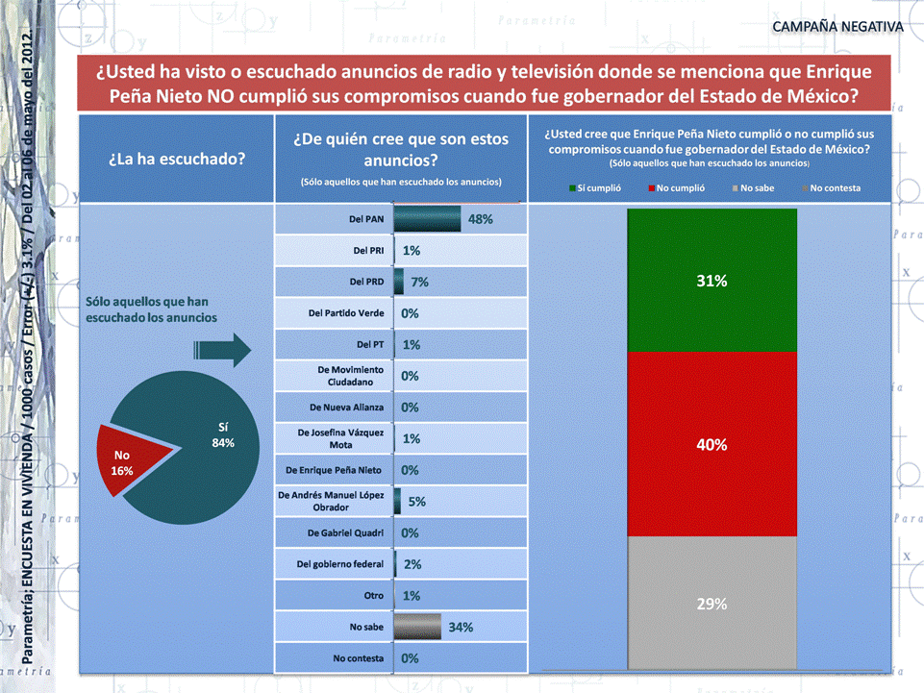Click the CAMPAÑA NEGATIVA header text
pyautogui.click(x=837, y=26)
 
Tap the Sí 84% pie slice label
pyautogui.click(x=222, y=433)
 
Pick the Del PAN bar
pyautogui.click(x=427, y=219)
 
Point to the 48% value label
pyautogui.click(x=480, y=219)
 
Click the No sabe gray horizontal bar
pyautogui.click(x=417, y=627)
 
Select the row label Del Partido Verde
pyautogui.click(x=346, y=313)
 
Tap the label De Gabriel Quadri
pyautogui.click(x=346, y=532)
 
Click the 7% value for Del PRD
pyautogui.click(x=419, y=283)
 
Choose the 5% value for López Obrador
pyautogui.click(x=417, y=502)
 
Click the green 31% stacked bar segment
pyautogui.click(x=712, y=281)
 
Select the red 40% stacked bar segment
pyautogui.click(x=712, y=444)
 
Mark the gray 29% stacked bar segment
pyautogui.click(x=712, y=603)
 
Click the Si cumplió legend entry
pyautogui.click(x=595, y=188)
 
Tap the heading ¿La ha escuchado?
pyautogui.click(x=176, y=159)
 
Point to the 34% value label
pyautogui.click(x=461, y=627)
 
